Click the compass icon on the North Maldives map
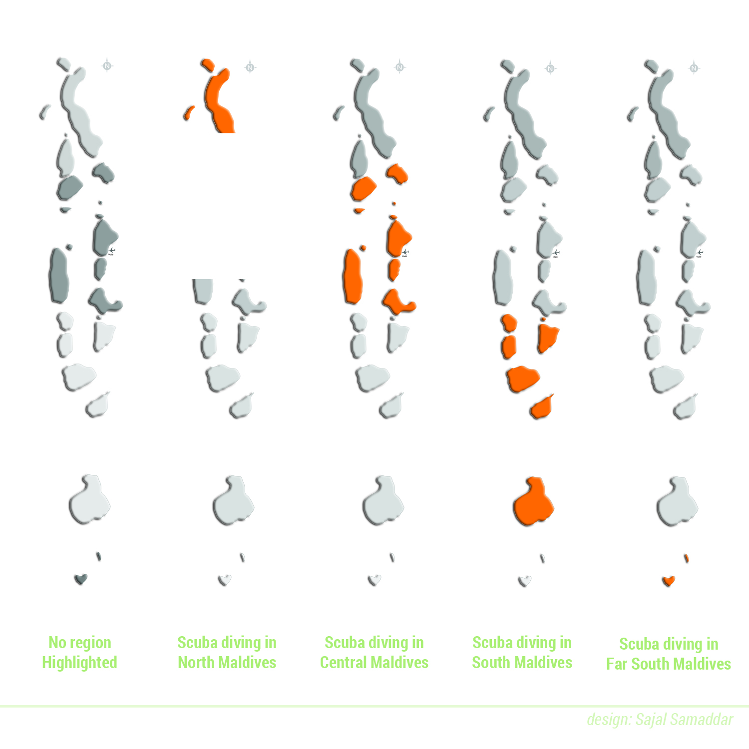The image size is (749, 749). point(250,67)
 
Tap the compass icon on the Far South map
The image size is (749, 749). point(694,68)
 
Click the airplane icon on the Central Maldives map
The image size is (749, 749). point(405,252)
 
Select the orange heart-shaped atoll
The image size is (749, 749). point(669,581)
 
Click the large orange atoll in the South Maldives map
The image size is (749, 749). point(533,502)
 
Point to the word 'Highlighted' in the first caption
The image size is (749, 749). point(79,663)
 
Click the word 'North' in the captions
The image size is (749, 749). point(196,663)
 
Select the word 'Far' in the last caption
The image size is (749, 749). point(617,664)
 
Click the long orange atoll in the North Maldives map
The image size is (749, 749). point(220,102)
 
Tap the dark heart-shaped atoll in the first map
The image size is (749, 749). point(81,579)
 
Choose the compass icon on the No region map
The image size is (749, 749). point(107,65)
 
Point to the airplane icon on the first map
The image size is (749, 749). point(111,250)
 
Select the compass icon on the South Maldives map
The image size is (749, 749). point(550,68)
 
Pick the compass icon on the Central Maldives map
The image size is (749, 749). point(399,67)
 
